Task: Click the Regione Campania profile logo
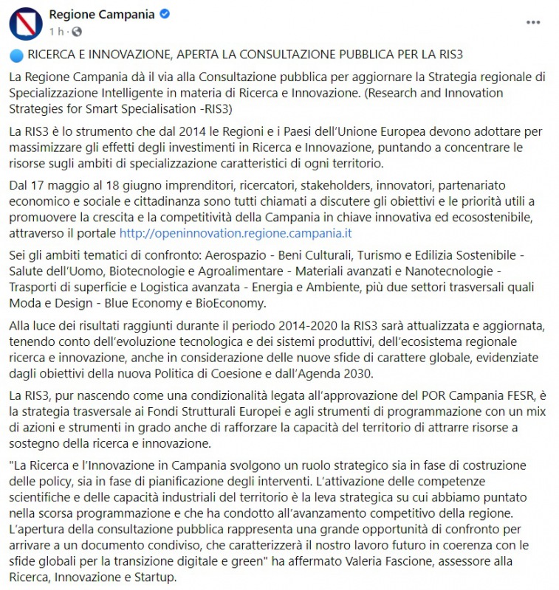25,22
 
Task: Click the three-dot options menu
532,23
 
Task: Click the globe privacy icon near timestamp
77,32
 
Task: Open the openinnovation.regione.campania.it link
236,233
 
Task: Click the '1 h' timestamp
57,32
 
